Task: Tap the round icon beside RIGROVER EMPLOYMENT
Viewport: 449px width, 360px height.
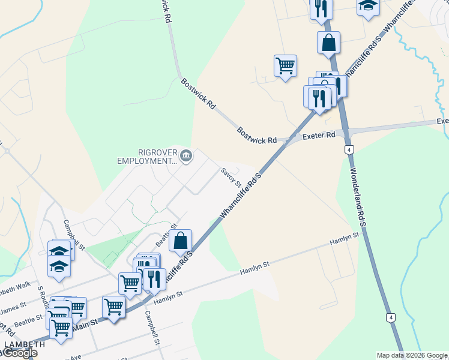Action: (x=186, y=157)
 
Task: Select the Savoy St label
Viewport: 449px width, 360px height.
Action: (x=231, y=176)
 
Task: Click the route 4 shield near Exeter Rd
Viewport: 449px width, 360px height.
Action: (x=349, y=149)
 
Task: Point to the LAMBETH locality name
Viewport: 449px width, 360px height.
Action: (x=24, y=344)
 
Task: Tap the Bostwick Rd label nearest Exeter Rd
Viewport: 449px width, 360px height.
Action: (x=256, y=135)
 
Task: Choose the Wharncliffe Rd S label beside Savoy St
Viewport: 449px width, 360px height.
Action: (x=241, y=199)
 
